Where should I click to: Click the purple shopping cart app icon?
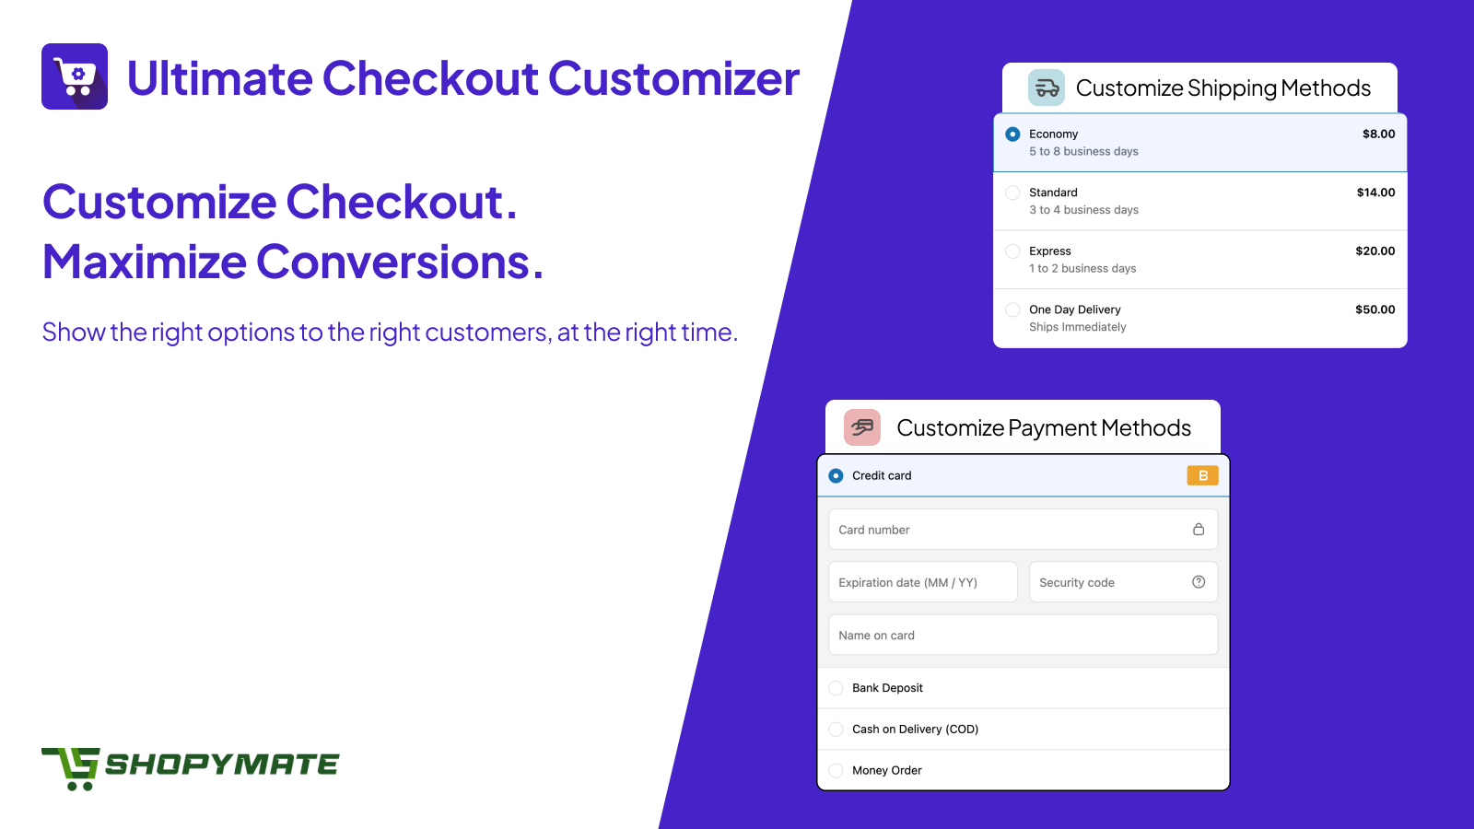[x=75, y=76]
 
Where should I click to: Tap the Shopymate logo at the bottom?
[x=190, y=768]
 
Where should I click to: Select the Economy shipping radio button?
[x=1012, y=134]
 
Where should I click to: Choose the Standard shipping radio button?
[x=1012, y=193]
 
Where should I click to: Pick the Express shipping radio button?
[x=1012, y=251]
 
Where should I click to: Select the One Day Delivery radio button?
[x=1012, y=309]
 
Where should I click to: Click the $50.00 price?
[x=1375, y=309]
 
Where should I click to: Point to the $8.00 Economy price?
[x=1378, y=134]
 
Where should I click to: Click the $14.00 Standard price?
[x=1375, y=193]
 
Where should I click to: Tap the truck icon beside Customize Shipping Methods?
[x=1047, y=88]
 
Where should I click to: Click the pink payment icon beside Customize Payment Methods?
[x=862, y=427]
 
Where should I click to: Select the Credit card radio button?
[x=836, y=475]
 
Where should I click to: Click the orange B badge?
[x=1202, y=475]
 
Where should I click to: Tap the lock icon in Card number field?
[x=1199, y=530]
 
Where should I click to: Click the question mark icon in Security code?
[x=1199, y=582]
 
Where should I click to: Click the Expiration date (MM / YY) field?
[x=922, y=582]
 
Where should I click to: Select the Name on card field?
[x=1023, y=635]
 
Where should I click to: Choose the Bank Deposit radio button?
[x=836, y=688]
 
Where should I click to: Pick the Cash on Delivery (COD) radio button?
[x=836, y=729]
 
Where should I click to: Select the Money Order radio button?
[x=836, y=770]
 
